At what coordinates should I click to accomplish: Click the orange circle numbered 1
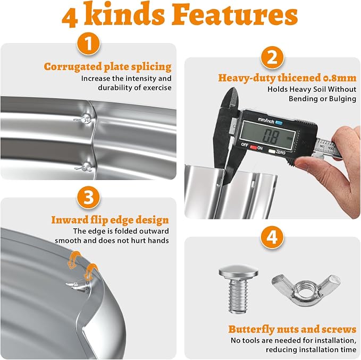[x=88, y=44]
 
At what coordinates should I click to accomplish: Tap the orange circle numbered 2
[x=272, y=57]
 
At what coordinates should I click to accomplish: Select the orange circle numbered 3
[x=88, y=198]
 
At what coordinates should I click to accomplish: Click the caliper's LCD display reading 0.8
[x=267, y=135]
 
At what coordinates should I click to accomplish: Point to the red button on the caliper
[x=253, y=147]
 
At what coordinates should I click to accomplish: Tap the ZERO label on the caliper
[x=280, y=152]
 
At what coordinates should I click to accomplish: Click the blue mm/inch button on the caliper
[x=279, y=123]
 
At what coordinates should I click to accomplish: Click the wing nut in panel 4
[x=306, y=290]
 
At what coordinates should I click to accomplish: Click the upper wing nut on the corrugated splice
[x=83, y=119]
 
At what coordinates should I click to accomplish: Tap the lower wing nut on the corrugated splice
[x=84, y=167]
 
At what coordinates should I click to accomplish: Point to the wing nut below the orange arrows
[x=77, y=286]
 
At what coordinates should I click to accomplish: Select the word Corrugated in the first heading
[x=73, y=67]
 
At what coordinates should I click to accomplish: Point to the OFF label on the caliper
[x=245, y=145]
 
